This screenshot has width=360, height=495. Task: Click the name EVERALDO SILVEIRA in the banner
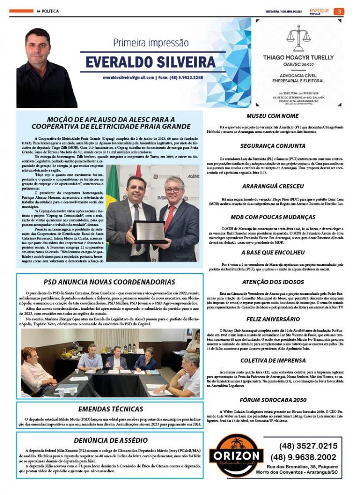(150, 62)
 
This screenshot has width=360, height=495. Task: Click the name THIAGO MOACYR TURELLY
(298, 57)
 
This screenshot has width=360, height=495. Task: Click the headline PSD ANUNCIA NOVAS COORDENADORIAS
(109, 282)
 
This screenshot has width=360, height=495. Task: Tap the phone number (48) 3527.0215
(308, 446)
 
